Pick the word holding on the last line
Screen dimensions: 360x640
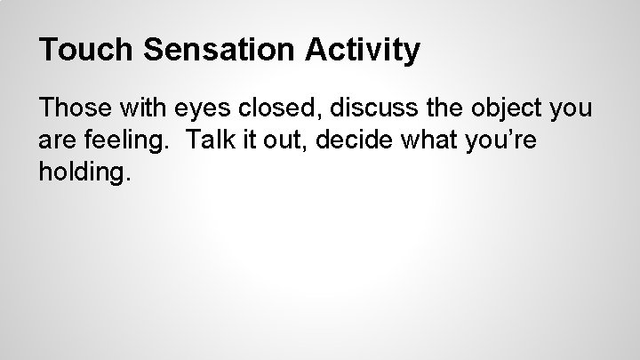point(83,172)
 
